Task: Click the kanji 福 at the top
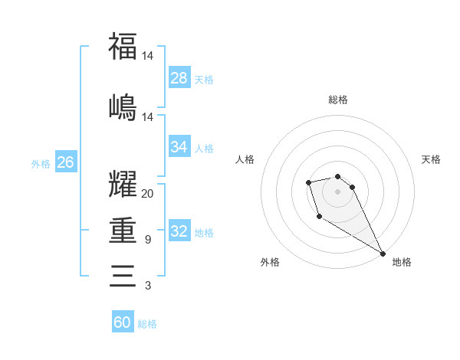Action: point(123,46)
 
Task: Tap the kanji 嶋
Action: point(123,106)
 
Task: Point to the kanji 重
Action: point(123,230)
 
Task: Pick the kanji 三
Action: point(123,275)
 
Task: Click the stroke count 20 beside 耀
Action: point(148,193)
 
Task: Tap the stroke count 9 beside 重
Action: point(148,240)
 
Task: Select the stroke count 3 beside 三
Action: point(148,286)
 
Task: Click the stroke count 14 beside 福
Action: point(148,56)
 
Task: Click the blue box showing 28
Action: point(179,77)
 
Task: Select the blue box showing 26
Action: point(66,162)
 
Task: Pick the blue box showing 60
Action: point(123,322)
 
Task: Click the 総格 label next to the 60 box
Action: point(148,324)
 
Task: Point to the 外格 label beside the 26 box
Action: point(41,163)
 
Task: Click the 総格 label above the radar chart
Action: point(338,100)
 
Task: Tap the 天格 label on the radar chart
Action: point(431,159)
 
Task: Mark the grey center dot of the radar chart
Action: point(337,191)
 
